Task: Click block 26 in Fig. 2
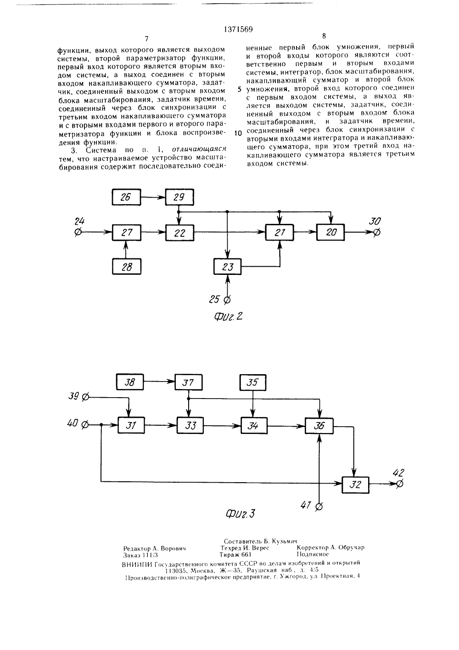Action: pos(126,197)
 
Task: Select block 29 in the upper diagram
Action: pos(179,197)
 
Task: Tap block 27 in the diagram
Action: pos(127,233)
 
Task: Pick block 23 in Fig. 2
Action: pos(228,266)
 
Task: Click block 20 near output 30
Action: pos(330,232)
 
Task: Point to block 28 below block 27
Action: pos(127,266)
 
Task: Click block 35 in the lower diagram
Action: pos(253,382)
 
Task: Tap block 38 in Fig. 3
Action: pos(129,382)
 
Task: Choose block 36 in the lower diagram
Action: pos(319,426)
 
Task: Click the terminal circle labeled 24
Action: pos(78,232)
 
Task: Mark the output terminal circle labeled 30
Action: pos(376,232)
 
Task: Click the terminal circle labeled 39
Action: pos(86,397)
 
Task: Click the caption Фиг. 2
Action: pos(228,317)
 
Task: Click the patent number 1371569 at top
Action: pos(239,29)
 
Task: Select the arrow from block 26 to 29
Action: pos(153,197)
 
